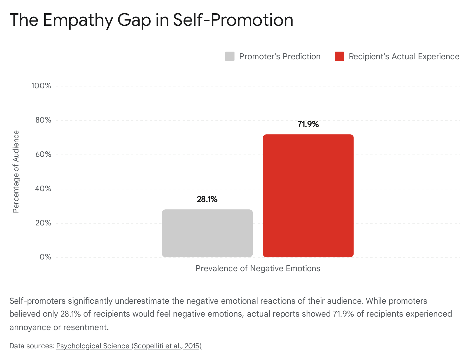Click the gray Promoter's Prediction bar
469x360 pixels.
click(207, 233)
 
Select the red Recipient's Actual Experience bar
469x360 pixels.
click(308, 196)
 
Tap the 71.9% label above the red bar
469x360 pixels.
click(308, 124)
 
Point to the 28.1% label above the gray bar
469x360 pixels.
click(207, 199)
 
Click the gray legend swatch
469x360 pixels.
click(230, 56)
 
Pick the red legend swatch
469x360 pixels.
click(339, 56)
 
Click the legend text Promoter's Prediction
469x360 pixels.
click(280, 57)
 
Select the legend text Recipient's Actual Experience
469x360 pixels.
click(404, 57)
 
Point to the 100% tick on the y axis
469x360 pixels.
click(41, 86)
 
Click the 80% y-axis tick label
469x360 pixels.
click(43, 120)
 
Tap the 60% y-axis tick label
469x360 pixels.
click(43, 154)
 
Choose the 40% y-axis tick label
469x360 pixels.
click(43, 189)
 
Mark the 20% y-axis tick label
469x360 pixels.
click(43, 223)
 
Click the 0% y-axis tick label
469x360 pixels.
click(45, 257)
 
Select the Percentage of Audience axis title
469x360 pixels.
click(16, 171)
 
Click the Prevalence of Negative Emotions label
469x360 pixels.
click(258, 269)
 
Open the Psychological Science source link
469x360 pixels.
click(129, 346)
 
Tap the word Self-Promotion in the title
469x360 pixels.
click(233, 20)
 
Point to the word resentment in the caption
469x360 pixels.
click(86, 327)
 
